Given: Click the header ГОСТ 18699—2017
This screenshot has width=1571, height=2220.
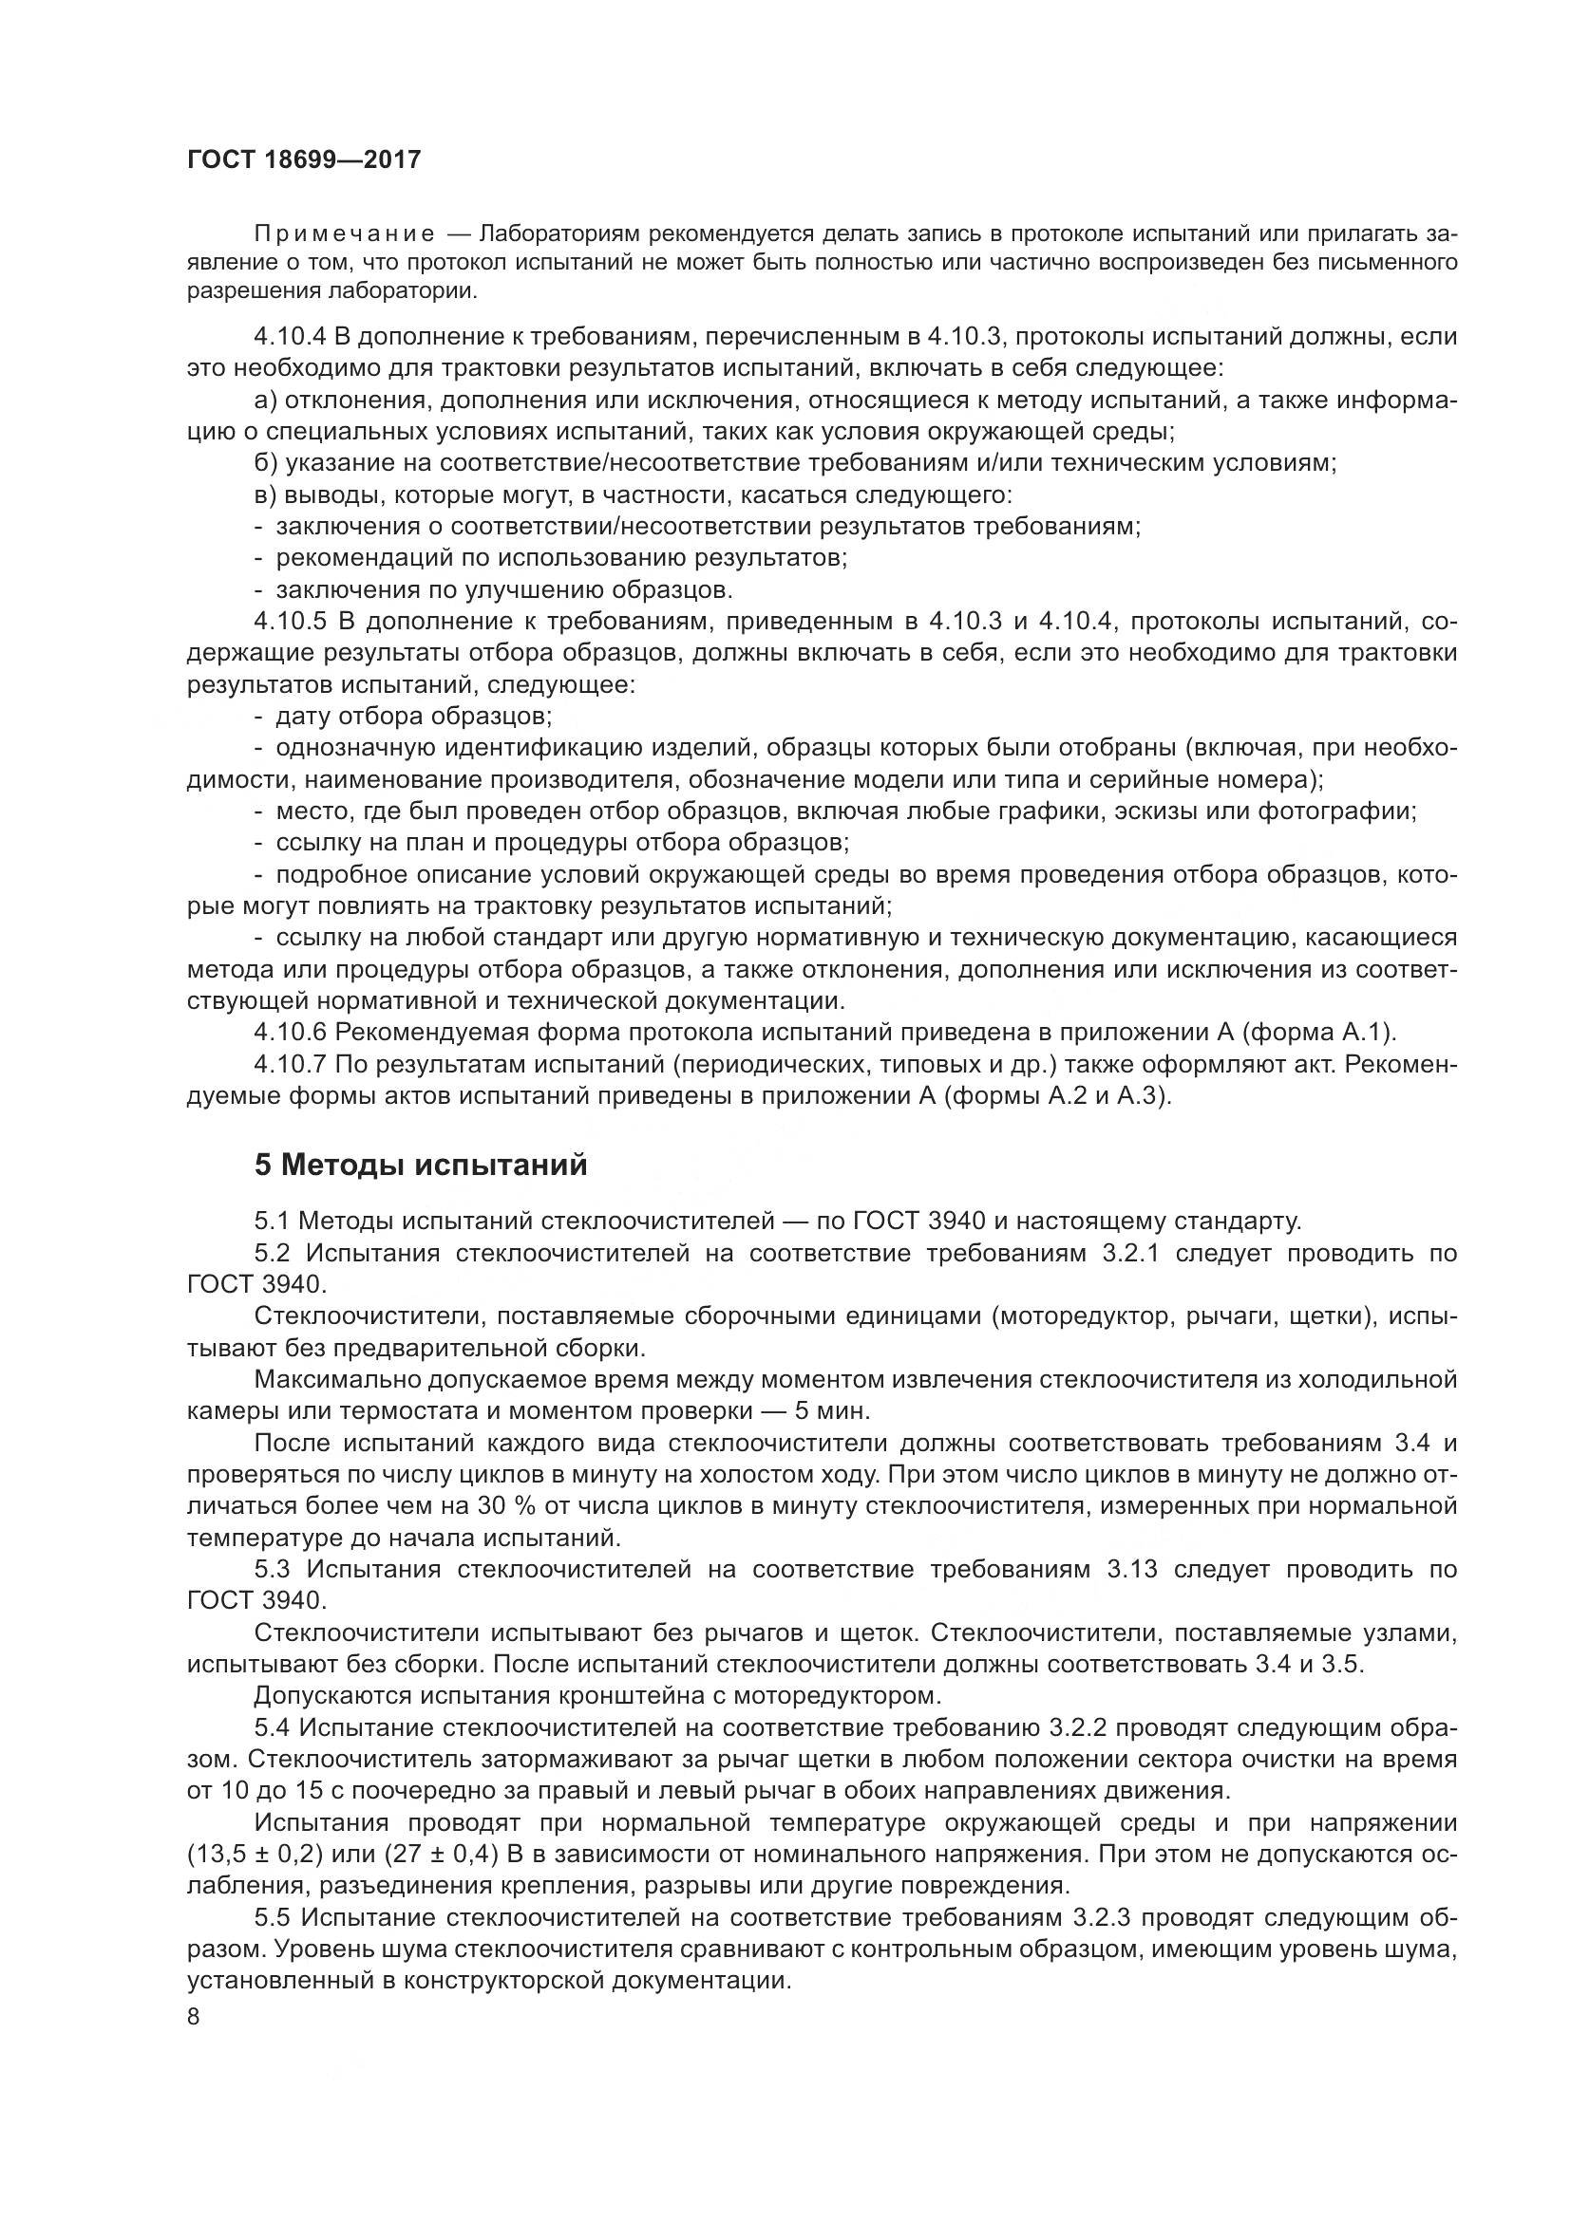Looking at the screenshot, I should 304,159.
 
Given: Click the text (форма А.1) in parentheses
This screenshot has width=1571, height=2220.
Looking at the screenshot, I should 1318,1033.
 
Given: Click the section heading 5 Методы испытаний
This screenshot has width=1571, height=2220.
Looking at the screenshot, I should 421,1166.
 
